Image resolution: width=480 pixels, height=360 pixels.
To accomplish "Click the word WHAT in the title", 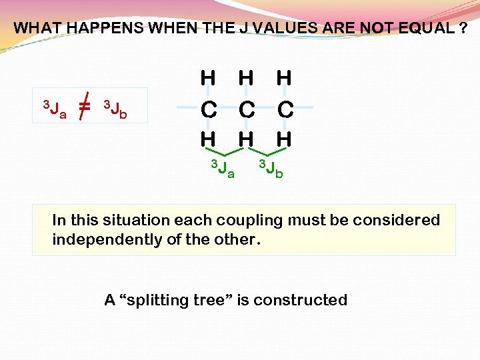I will (x=33, y=28).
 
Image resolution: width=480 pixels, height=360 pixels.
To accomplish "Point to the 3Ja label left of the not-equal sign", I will (x=54, y=108).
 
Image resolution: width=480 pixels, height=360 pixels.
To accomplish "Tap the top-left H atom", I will (x=208, y=78).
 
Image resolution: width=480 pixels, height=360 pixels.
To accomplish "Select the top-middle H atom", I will (x=246, y=78).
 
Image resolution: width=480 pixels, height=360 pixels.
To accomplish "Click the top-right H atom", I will (x=284, y=78).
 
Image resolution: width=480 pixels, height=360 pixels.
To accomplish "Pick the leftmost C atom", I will (x=209, y=109).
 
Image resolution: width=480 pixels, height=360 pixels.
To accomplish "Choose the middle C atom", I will (x=247, y=109).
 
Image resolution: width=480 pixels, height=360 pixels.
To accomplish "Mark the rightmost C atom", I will (x=285, y=109).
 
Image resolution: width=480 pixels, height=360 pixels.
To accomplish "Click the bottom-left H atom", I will (x=208, y=139).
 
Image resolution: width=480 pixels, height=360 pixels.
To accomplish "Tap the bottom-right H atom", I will (x=284, y=139).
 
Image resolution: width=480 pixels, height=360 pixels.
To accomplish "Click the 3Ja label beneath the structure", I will (x=223, y=169).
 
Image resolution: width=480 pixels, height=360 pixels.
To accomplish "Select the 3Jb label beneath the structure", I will (x=271, y=169).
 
